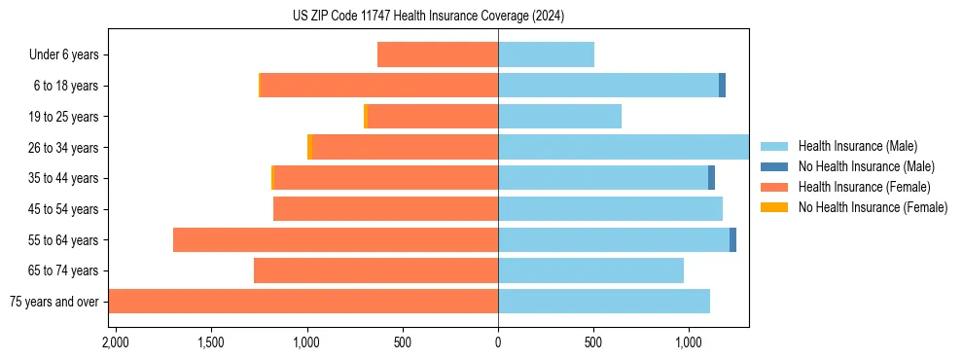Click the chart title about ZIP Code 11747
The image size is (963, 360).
(428, 17)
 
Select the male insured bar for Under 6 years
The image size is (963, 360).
(546, 54)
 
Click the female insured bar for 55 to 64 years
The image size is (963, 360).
(336, 239)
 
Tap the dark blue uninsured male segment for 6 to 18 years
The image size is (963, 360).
(722, 86)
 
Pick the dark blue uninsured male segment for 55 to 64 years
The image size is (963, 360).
(732, 239)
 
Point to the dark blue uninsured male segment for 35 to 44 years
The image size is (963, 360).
(711, 178)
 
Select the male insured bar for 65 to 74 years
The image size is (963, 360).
(590, 270)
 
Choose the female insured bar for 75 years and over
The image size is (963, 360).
(303, 302)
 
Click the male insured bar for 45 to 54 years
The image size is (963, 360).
(610, 209)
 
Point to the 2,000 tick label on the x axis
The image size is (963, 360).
(116, 342)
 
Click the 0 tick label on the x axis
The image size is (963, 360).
(498, 342)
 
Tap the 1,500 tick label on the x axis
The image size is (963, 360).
(211, 342)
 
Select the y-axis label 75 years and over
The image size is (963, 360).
(53, 302)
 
